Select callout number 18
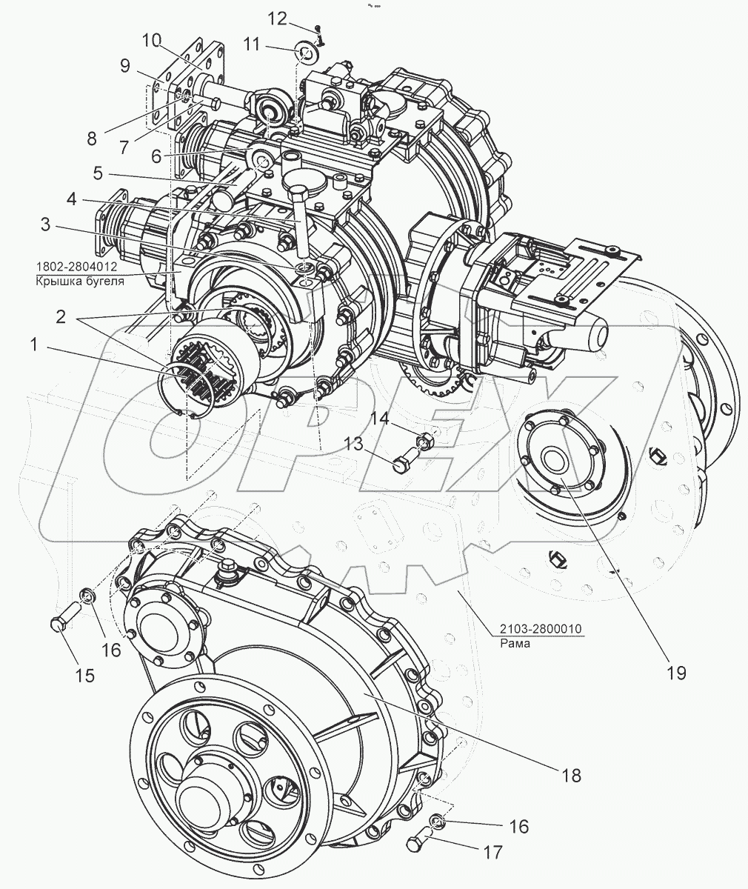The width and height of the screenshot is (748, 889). (x=571, y=775)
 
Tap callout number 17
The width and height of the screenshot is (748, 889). (x=494, y=851)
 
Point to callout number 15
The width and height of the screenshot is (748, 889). (x=85, y=676)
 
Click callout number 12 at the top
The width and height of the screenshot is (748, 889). (x=277, y=19)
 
